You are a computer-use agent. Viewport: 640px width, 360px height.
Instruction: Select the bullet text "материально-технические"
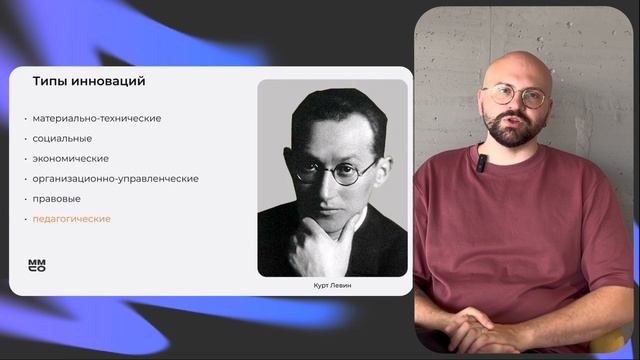coord(96,119)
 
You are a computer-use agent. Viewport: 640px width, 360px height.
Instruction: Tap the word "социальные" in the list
coord(62,139)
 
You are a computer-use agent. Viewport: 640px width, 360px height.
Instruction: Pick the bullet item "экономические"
coord(70,159)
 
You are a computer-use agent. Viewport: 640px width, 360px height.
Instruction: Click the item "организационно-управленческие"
coord(115,179)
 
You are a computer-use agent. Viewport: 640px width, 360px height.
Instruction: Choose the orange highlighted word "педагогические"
coord(71,219)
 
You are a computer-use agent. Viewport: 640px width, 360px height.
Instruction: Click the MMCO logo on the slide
coord(37,265)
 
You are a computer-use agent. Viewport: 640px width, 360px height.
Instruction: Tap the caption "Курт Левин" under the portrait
coord(333,286)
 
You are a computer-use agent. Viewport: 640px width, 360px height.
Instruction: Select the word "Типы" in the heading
coord(49,81)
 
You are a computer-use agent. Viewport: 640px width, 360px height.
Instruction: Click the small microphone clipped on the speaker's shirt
coord(482,160)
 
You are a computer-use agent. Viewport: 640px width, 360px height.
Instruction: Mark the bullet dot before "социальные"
coord(26,139)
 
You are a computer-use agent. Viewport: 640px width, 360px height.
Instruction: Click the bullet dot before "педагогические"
coord(26,219)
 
